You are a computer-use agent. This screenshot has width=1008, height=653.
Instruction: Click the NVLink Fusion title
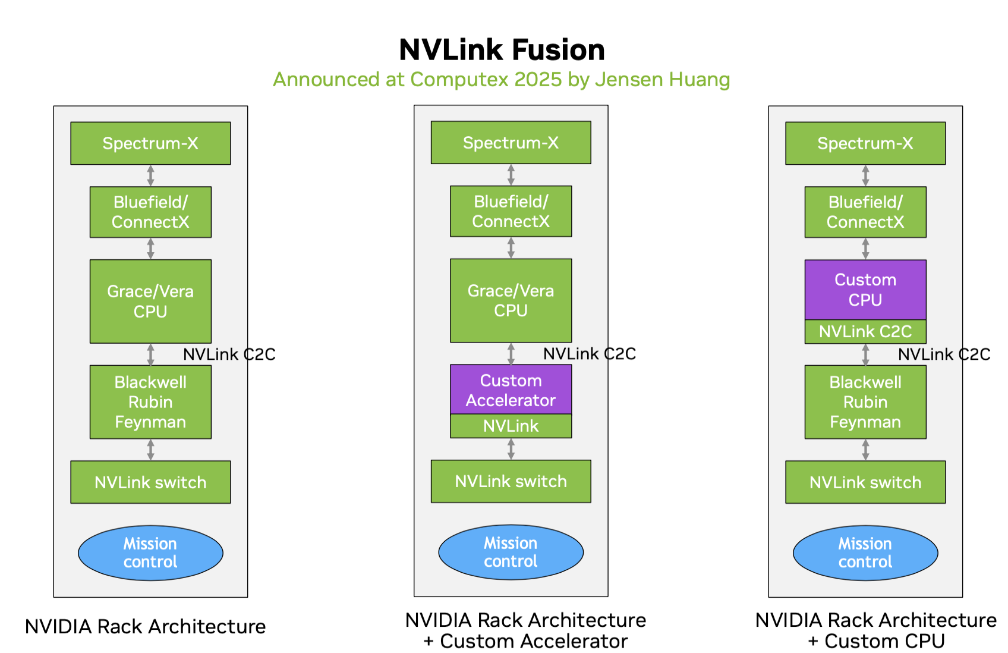[502, 49]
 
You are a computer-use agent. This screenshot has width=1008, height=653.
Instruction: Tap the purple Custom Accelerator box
[511, 390]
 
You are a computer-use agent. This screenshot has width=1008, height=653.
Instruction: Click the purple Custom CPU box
[865, 290]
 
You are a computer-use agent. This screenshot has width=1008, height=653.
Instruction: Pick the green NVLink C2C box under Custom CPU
[865, 332]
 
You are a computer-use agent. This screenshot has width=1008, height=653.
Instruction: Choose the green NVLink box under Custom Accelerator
[511, 426]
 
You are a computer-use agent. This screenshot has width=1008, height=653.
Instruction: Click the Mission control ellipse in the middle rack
[511, 552]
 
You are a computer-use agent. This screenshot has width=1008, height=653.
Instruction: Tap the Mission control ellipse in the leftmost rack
[150, 553]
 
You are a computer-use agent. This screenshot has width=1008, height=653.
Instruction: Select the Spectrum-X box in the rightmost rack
[865, 143]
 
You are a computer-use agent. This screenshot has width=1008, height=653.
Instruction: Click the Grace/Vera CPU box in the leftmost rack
[150, 302]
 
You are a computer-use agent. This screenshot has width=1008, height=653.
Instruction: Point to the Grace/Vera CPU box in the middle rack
[511, 300]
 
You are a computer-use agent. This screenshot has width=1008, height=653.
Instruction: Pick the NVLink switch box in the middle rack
[511, 481]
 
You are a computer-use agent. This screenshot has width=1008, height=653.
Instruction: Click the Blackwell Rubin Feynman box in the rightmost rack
[865, 402]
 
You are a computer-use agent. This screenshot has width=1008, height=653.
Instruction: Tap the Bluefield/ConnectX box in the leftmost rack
[150, 212]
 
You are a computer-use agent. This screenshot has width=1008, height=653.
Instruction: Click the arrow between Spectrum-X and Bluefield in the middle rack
[511, 175]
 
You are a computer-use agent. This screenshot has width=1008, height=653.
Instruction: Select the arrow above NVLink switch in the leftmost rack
[150, 450]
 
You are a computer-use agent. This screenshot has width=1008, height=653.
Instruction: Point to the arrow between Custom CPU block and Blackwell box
[865, 354]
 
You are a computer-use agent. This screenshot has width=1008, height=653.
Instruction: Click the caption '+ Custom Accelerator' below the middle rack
[525, 641]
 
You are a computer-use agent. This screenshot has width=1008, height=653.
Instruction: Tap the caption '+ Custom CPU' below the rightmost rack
[875, 641]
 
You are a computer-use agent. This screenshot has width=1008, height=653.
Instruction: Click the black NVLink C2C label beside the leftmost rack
[229, 354]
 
